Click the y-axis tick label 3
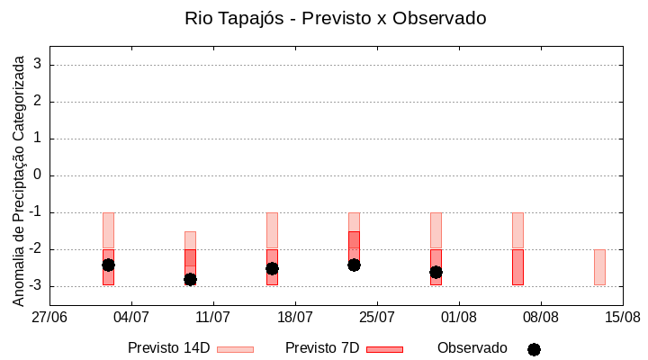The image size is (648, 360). click(x=39, y=65)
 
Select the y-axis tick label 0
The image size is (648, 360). click(x=39, y=175)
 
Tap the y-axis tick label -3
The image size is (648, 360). click(x=36, y=286)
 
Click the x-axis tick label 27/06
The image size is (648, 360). click(x=49, y=317)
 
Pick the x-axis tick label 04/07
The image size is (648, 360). click(x=131, y=317)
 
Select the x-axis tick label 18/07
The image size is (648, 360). click(x=295, y=317)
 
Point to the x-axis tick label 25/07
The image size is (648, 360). click(x=377, y=317)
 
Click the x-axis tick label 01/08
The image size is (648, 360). click(x=459, y=317)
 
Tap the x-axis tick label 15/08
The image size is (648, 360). click(x=623, y=317)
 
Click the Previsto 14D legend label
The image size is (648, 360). click(x=168, y=348)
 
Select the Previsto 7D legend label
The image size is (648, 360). click(x=321, y=348)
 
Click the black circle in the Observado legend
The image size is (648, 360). click(x=534, y=349)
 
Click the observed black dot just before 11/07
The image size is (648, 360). click(x=190, y=279)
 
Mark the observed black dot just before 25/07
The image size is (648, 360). click(x=354, y=265)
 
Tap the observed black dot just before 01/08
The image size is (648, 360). click(x=436, y=272)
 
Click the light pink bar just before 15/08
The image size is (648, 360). click(x=599, y=267)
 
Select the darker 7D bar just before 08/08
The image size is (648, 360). click(x=517, y=267)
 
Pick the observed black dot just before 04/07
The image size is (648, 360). click(x=108, y=265)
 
